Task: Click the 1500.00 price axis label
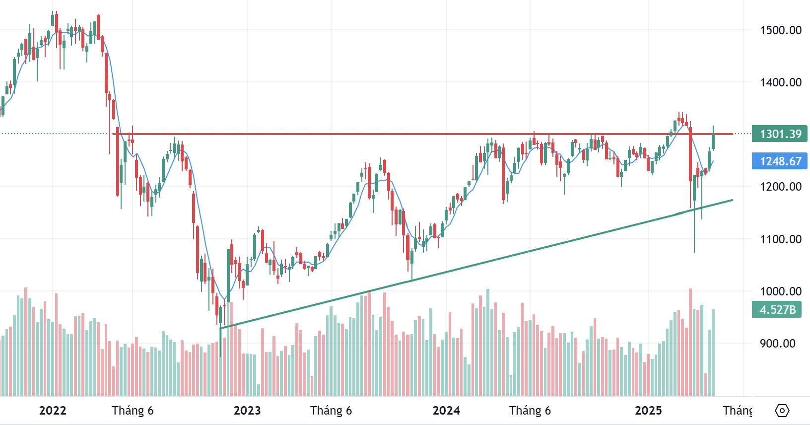point(780,30)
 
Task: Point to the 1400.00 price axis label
point(780,82)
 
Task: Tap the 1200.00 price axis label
point(780,187)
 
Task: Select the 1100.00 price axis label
point(780,239)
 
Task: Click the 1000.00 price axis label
point(780,291)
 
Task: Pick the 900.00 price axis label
point(777,344)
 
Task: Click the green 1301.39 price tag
point(780,134)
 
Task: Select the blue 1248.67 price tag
point(780,161)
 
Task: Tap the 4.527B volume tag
point(777,310)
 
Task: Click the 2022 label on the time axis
point(53,411)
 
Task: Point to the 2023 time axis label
point(247,411)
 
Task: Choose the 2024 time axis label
point(446,411)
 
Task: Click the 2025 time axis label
point(648,411)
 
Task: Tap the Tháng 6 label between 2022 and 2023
point(133,411)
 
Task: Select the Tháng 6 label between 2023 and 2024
point(331,411)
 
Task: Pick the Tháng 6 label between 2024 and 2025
point(530,411)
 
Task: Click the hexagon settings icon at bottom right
point(782,411)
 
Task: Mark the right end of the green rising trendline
point(732,200)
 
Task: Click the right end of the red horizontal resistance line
point(732,134)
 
